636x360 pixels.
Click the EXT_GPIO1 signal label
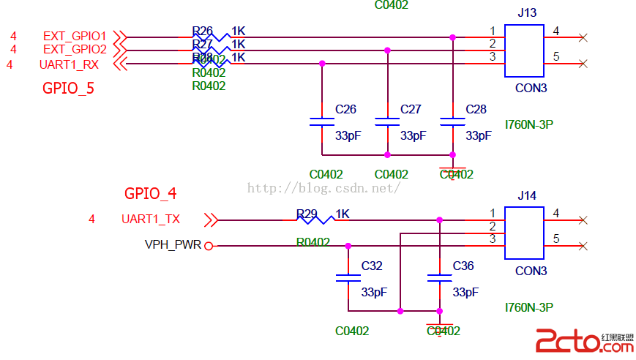coord(75,36)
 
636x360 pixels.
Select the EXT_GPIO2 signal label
coord(75,50)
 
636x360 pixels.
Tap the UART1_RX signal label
coord(70,64)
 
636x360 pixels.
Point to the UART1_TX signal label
coord(151,219)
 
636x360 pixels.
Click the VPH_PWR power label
coord(173,245)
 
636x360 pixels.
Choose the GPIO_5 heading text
coord(68,89)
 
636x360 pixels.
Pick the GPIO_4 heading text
coord(150,194)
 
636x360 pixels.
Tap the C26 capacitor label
coord(345,110)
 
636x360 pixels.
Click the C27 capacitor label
coord(411,110)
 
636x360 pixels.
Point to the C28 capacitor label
coord(476,110)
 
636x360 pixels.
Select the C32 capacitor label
coord(372,266)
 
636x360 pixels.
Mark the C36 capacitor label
coord(463,266)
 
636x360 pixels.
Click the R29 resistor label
coord(307,214)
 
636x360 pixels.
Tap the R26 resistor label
coord(202,31)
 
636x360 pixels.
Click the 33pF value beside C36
coord(465,292)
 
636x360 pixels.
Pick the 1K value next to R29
coord(343,214)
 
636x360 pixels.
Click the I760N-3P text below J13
coord(528,124)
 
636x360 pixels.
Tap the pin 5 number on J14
coord(557,239)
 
